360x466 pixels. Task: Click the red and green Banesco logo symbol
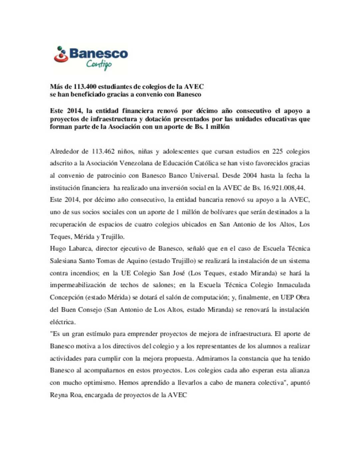point(61,55)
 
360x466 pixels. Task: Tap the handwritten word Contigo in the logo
point(99,64)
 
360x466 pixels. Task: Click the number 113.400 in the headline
point(85,87)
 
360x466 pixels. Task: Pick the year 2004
point(250,175)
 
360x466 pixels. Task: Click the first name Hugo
point(58,249)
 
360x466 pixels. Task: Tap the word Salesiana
point(63,261)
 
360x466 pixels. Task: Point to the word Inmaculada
point(293,285)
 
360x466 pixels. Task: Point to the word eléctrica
point(63,322)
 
